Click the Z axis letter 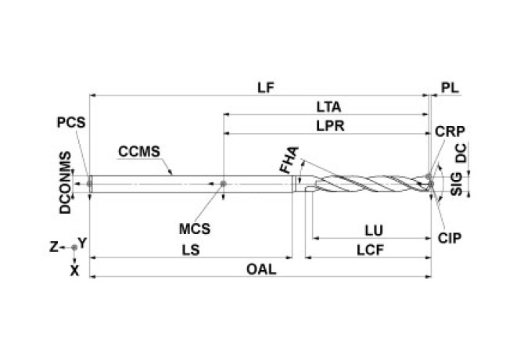(x=54, y=247)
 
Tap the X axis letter (x=75, y=270)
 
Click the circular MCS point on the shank (x=224, y=184)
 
